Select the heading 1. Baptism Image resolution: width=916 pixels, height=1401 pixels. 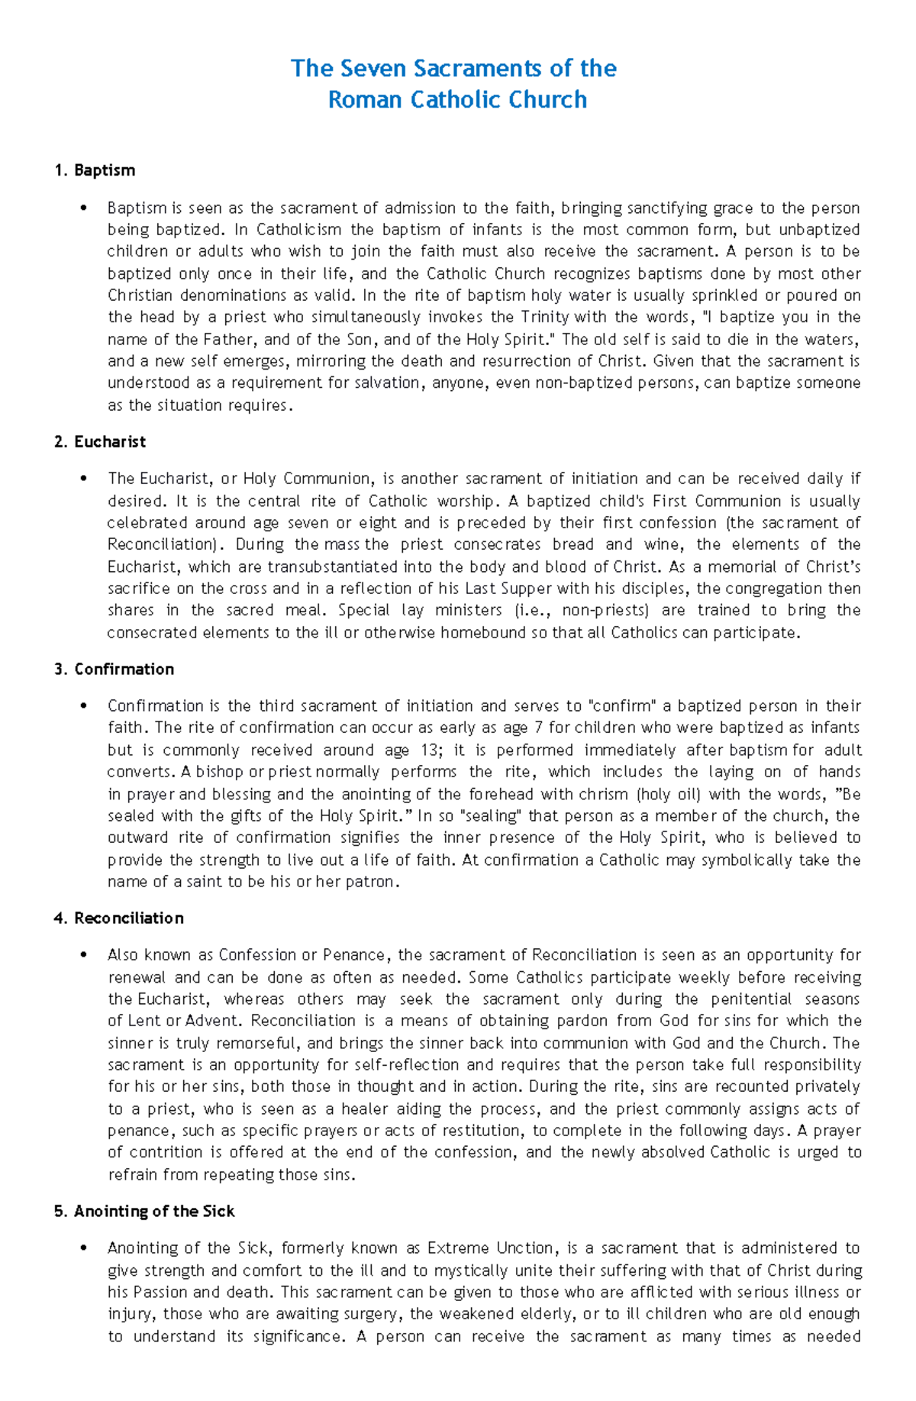pyautogui.click(x=95, y=170)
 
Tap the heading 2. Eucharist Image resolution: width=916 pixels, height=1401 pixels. pyautogui.click(x=100, y=442)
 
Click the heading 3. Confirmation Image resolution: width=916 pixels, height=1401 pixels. pyautogui.click(x=114, y=670)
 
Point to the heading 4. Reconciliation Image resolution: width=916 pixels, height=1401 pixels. pyautogui.click(x=118, y=918)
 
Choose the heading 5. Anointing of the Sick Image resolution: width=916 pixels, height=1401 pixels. pyautogui.click(x=144, y=1212)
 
